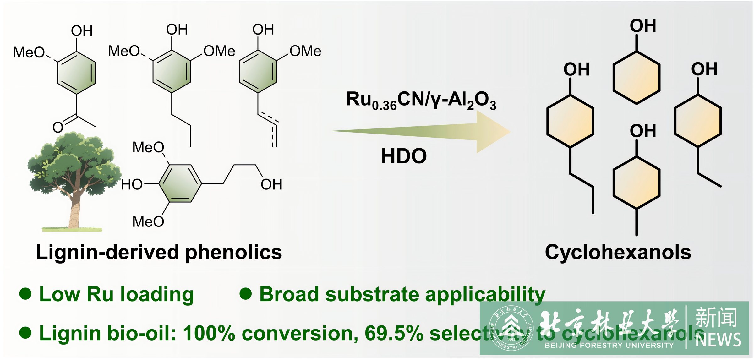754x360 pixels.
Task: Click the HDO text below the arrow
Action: [404, 156]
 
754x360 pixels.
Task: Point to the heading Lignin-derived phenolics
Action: [159, 252]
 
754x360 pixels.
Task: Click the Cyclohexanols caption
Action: [618, 252]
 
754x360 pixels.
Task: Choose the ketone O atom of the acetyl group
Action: [58, 128]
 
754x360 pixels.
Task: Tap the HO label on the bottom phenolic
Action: [132, 184]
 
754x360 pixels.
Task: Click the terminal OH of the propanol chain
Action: [271, 184]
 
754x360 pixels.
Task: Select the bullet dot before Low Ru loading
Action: [25, 294]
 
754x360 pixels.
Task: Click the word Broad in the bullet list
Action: [289, 294]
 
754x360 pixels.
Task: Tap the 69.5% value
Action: [394, 333]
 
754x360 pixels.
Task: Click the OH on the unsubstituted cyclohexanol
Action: [643, 26]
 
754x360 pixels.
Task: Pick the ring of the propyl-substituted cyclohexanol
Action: [570, 121]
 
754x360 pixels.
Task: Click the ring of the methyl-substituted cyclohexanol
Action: [636, 183]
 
